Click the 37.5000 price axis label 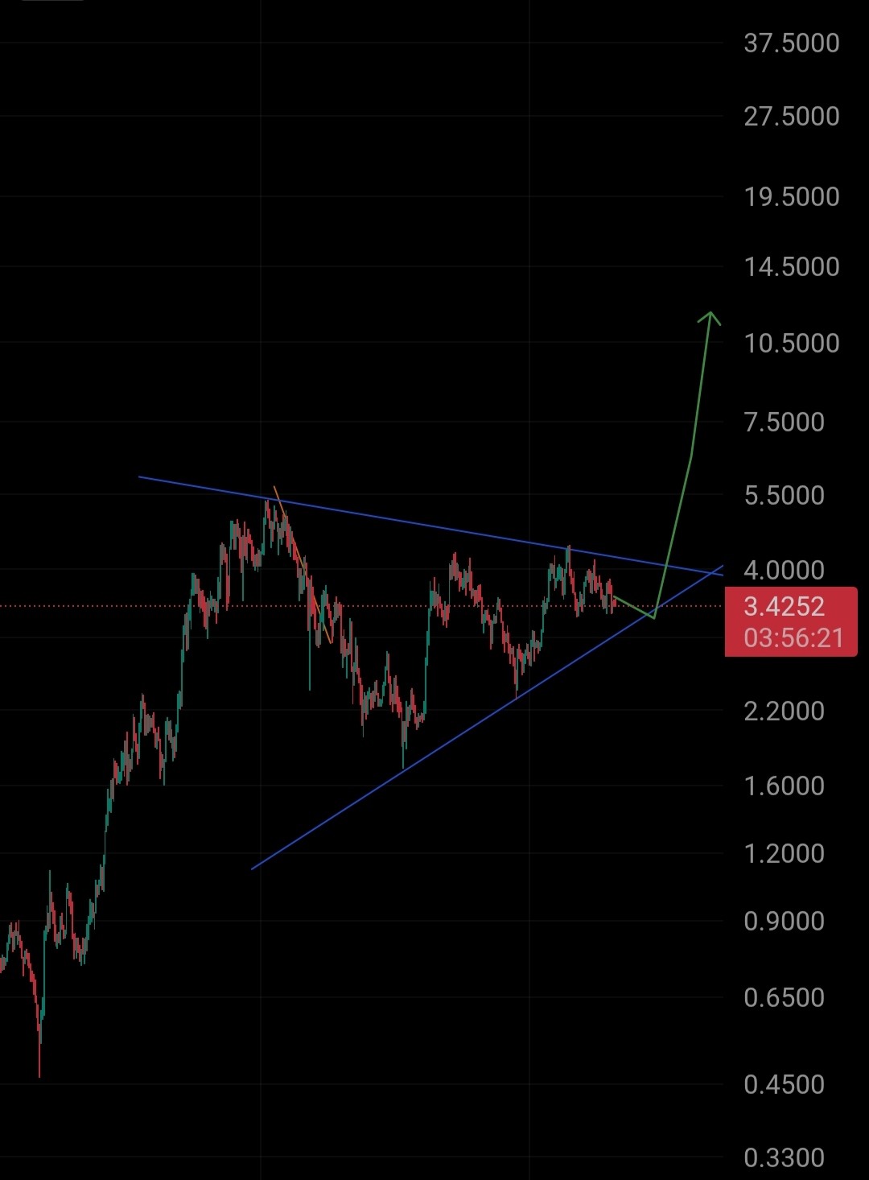(x=791, y=43)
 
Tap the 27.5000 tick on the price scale (x=791, y=117)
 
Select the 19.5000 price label (x=791, y=197)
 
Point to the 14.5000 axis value (x=791, y=267)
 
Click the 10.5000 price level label (x=791, y=344)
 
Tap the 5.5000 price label (x=784, y=496)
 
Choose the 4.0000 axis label (x=784, y=571)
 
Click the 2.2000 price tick (x=784, y=712)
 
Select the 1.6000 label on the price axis (x=784, y=786)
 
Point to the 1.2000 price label (x=784, y=854)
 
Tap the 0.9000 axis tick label (x=784, y=922)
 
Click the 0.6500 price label (x=784, y=998)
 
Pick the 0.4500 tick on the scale (x=784, y=1085)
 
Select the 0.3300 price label (x=784, y=1158)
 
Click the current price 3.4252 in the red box (x=784, y=607)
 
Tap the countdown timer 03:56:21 (x=793, y=638)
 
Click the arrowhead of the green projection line (x=710, y=316)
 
